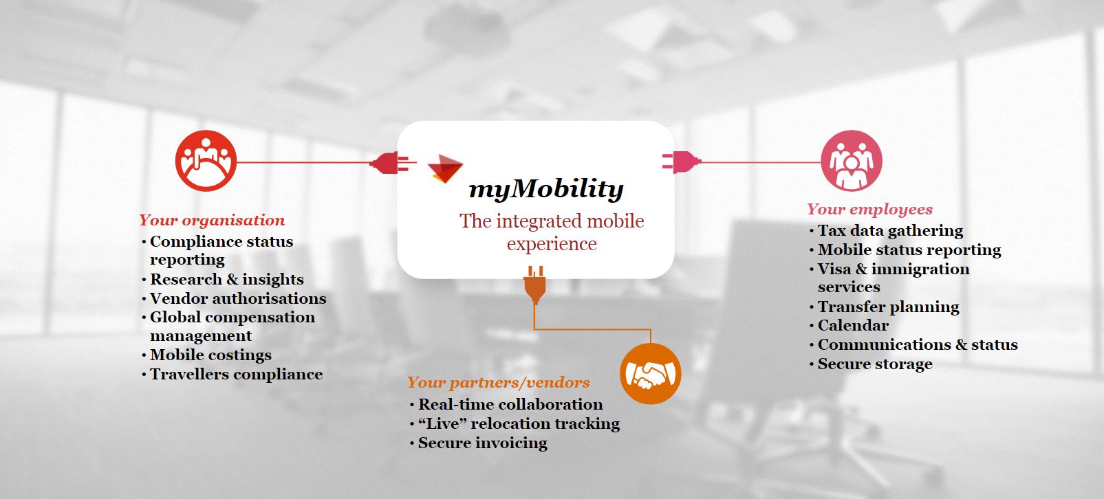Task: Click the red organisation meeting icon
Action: point(206,161)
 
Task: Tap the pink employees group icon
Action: point(851,161)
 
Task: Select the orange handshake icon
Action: point(651,374)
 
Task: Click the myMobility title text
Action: point(546,188)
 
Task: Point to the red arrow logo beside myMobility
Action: point(445,168)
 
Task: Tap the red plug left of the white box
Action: point(389,163)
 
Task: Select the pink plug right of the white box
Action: point(682,162)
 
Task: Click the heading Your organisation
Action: point(212,220)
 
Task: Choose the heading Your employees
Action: point(870,210)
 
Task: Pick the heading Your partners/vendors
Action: point(498,382)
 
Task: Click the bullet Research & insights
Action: point(227,279)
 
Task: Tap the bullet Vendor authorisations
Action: point(238,298)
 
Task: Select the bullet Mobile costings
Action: point(210,355)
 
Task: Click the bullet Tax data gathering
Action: point(890,230)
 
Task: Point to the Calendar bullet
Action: point(853,326)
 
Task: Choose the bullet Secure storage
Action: point(875,364)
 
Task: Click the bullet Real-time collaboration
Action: point(510,404)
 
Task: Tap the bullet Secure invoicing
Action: point(482,443)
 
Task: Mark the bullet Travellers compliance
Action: point(236,375)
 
